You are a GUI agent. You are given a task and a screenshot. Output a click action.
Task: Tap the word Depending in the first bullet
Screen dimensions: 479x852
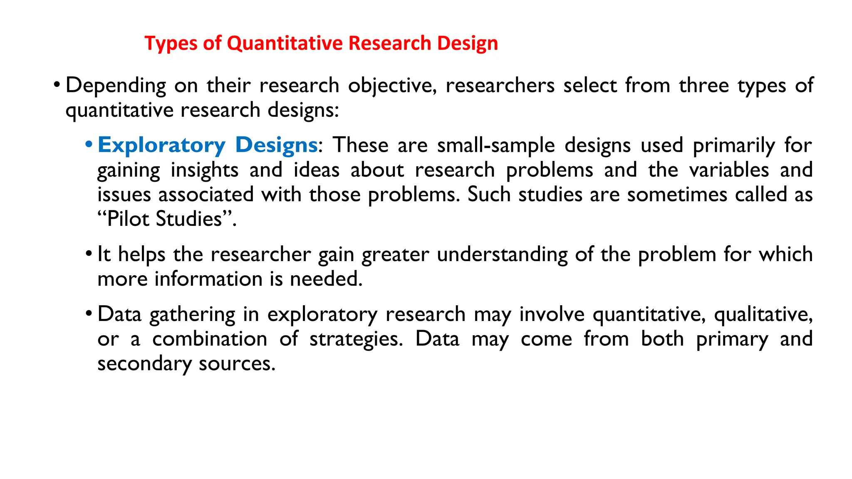click(x=116, y=86)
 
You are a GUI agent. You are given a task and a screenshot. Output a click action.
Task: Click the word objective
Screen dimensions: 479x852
click(x=392, y=86)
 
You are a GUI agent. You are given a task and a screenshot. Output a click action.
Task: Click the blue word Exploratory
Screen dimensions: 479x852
click(x=161, y=146)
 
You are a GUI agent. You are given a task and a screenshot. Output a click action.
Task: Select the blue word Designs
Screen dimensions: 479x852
click(x=276, y=145)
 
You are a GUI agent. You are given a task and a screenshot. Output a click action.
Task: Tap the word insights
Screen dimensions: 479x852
click(x=205, y=170)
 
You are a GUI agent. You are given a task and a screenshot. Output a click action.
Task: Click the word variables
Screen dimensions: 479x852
click(x=729, y=170)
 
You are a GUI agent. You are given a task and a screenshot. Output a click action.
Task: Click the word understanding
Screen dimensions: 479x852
click(x=502, y=254)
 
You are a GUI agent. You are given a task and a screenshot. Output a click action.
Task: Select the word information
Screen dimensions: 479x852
click(x=209, y=279)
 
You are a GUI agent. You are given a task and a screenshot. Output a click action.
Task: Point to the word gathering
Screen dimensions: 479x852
click(x=192, y=315)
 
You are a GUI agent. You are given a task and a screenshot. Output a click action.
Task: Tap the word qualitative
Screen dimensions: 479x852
click(x=763, y=314)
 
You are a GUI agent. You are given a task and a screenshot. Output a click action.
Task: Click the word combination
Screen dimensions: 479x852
click(x=210, y=339)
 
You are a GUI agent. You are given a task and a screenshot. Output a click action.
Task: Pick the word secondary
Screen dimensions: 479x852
click(x=144, y=364)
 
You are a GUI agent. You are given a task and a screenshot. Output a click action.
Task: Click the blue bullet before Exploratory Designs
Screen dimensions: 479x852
click(x=88, y=145)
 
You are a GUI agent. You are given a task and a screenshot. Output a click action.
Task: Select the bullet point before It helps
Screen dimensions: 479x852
click(x=88, y=254)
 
